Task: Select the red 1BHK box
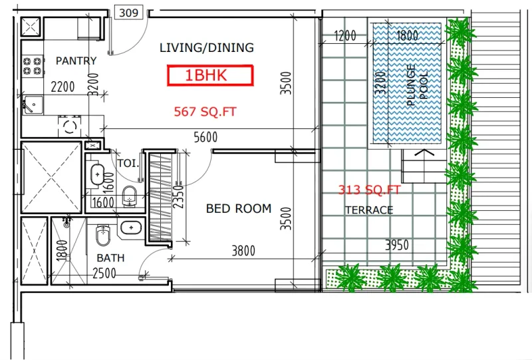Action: pyautogui.click(x=210, y=75)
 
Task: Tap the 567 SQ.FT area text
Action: pyautogui.click(x=205, y=112)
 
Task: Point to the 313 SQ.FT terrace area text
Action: pyautogui.click(x=370, y=190)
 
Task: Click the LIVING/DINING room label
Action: pyautogui.click(x=207, y=47)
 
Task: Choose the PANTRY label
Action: pyautogui.click(x=76, y=61)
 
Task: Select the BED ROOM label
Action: pyautogui.click(x=238, y=208)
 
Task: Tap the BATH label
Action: pyautogui.click(x=110, y=258)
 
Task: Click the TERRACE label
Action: pyautogui.click(x=368, y=210)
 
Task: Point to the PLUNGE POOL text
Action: pyautogui.click(x=416, y=85)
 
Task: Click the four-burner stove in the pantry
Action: pyautogui.click(x=31, y=65)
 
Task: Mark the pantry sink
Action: pyautogui.click(x=31, y=104)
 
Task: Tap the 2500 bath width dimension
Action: pyautogui.click(x=104, y=273)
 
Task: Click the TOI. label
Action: pyautogui.click(x=126, y=162)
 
